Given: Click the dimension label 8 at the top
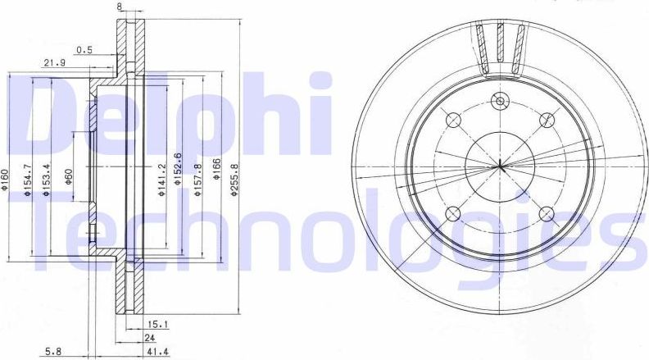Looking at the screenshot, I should tap(120, 7).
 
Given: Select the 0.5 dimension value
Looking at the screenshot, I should tap(84, 49).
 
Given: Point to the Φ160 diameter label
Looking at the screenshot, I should tap(6, 180).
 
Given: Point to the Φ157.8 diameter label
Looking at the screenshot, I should tap(198, 180).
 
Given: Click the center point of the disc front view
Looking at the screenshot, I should tap(499, 167).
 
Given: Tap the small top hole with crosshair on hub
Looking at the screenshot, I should tap(499, 102).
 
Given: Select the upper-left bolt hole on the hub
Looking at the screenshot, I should tap(452, 121).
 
